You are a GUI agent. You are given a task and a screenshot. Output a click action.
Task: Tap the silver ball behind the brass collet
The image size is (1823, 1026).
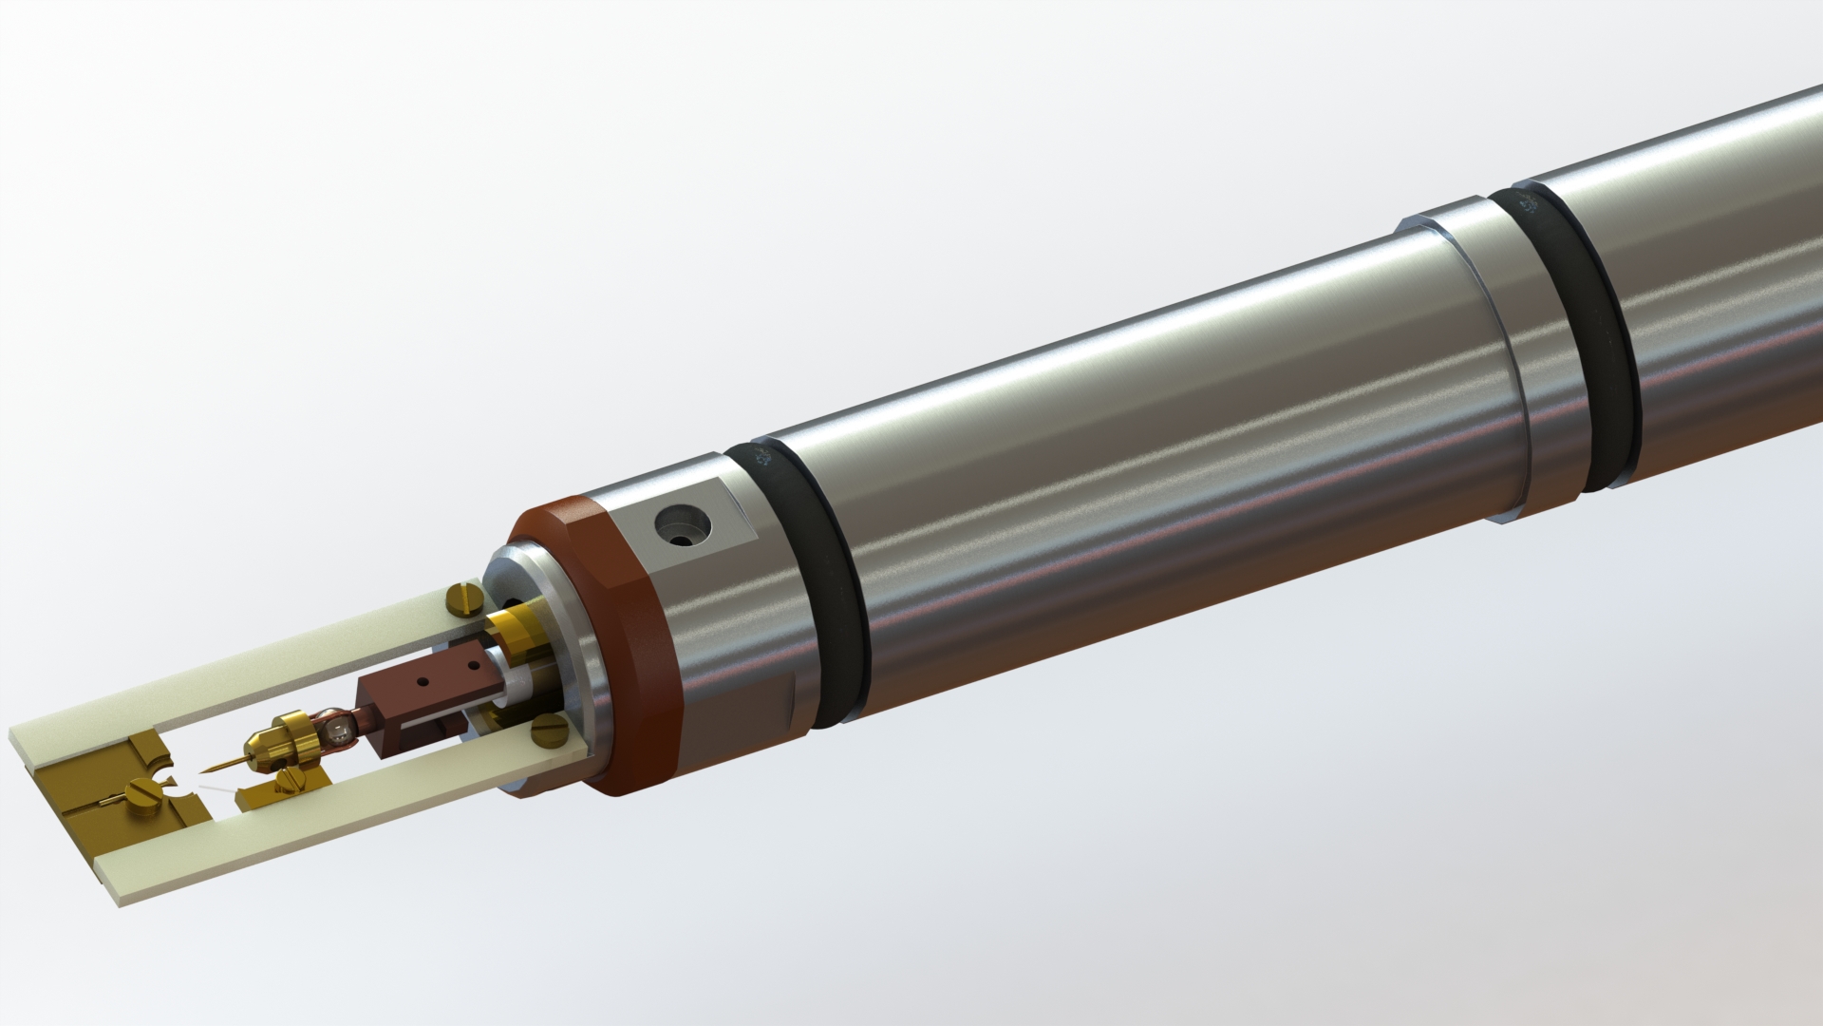coord(336,731)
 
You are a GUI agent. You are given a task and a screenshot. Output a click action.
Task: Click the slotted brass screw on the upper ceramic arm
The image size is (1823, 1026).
coord(464,601)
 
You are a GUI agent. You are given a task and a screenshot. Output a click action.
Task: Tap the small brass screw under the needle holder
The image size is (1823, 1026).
coord(291,781)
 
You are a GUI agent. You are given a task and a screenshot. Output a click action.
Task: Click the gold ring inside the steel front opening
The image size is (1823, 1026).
coord(517,633)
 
